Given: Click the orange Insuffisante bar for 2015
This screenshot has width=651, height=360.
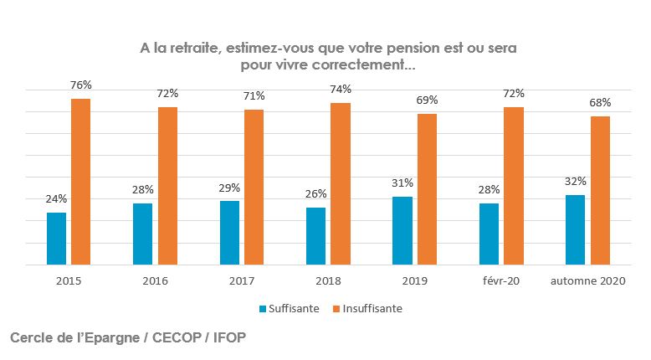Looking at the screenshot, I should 80,182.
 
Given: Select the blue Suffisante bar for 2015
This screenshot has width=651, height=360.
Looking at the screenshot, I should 56,239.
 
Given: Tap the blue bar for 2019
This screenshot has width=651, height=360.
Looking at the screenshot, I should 402,230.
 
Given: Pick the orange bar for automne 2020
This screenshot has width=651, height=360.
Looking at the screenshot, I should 600,190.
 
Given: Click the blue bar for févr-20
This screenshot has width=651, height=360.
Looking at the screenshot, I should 490,234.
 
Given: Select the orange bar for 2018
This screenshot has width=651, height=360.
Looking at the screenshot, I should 341,183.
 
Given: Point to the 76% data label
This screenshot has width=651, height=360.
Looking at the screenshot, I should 81,85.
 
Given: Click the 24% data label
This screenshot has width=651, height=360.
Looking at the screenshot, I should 57,198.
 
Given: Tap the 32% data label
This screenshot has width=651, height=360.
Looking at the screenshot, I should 576,181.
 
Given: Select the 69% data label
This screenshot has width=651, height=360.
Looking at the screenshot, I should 427,100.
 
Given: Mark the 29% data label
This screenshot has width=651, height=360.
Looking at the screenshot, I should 229,188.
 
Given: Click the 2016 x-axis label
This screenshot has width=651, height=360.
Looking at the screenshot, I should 155,281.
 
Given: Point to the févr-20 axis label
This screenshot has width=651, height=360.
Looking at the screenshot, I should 502,281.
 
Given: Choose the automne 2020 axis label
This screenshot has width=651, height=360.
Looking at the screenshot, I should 588,281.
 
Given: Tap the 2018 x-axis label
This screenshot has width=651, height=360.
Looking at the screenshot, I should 328,281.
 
